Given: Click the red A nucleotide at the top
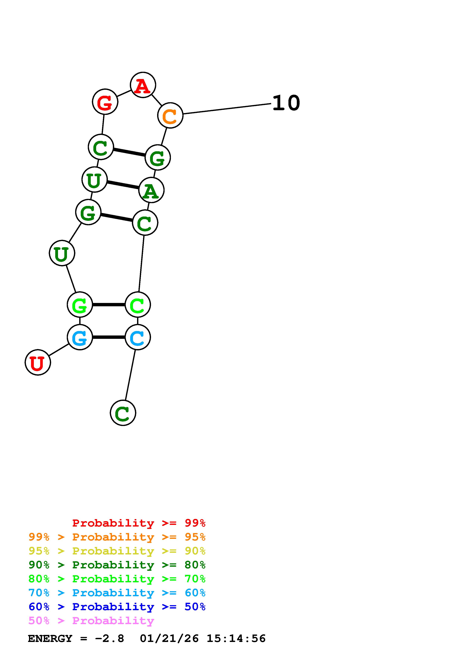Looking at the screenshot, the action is pyautogui.click(x=143, y=85).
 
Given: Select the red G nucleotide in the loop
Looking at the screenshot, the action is pyautogui.click(x=105, y=102).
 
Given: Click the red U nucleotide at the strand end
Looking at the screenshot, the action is pyautogui.click(x=38, y=362).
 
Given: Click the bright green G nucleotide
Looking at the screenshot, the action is pyautogui.click(x=80, y=305).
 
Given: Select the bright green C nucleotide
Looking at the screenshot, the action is pyautogui.click(x=138, y=305).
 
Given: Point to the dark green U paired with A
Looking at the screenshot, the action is pyautogui.click(x=94, y=180).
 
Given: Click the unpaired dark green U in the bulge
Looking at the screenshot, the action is pyautogui.click(x=62, y=253).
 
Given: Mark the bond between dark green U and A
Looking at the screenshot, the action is pyautogui.click(x=123, y=185).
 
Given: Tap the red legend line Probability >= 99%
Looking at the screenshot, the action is pyautogui.click(x=139, y=523).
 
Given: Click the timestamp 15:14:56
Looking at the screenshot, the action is pyautogui.click(x=236, y=639).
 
